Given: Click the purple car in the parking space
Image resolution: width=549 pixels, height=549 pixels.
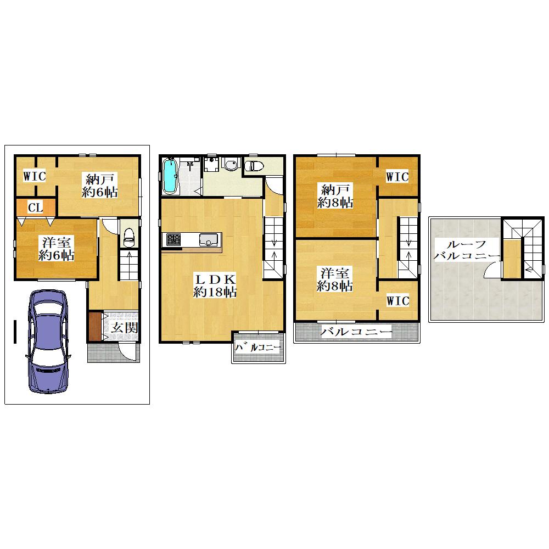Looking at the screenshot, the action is pos(47,341).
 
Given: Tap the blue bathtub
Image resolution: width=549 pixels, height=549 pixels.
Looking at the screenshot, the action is pos(170,176).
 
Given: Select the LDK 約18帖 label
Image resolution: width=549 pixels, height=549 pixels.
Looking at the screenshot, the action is pos(215,286).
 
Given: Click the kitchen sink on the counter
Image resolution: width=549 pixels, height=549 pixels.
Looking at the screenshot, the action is pos(209,240).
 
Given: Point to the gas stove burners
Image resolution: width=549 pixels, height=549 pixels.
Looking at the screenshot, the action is pos(173,239).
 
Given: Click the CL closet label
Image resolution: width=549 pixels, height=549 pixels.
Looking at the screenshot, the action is pos(35,208).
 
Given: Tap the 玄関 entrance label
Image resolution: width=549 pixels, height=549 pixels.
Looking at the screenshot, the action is pos(125,328).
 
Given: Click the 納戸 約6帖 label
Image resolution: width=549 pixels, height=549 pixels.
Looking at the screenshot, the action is pos(100,186).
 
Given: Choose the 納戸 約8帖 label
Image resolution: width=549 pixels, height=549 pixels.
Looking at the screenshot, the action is pos(335,197).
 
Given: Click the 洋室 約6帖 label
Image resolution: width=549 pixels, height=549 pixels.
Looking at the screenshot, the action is pos(56,249).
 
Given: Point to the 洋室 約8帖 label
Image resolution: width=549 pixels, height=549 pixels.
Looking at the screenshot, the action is pos(334,279).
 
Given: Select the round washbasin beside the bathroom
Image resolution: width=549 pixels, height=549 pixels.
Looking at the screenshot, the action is pos(231,164).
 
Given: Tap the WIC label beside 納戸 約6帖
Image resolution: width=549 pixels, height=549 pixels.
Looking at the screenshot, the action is pos(35,176).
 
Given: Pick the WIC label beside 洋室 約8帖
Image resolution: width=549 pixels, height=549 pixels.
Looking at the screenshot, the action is pos(398,301).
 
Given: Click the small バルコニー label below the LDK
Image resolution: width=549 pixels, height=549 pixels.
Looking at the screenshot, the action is pos(257,348).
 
